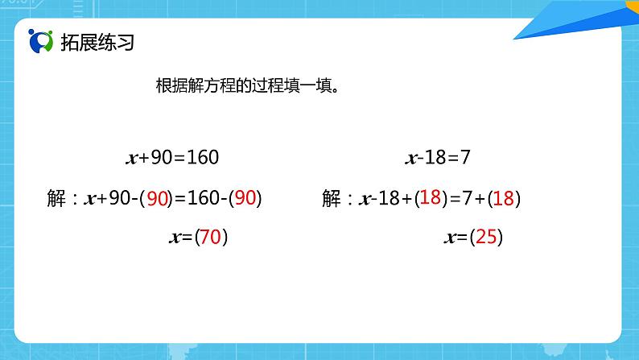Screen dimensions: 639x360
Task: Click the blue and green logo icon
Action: pyautogui.click(x=40, y=41)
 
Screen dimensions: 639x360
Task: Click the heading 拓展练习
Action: pyautogui.click(x=97, y=43)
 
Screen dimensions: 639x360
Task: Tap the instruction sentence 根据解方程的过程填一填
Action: pyautogui.click(x=245, y=85)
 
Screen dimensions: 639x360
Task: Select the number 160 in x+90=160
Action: pyautogui.click(x=203, y=157)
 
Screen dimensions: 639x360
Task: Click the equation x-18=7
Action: pyautogui.click(x=438, y=157)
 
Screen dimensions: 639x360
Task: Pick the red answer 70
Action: pyautogui.click(x=211, y=237)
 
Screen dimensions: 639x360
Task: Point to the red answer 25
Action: pyautogui.click(x=486, y=237)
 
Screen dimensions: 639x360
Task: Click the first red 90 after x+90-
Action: pyautogui.click(x=157, y=198)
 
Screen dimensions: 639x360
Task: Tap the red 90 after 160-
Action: pyautogui.click(x=245, y=198)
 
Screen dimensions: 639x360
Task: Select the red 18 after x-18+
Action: pyautogui.click(x=431, y=197)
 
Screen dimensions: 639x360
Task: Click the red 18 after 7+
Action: pyautogui.click(x=504, y=198)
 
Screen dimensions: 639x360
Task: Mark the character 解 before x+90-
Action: pyautogui.click(x=56, y=198)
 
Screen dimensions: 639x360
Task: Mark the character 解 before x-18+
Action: pyautogui.click(x=332, y=198)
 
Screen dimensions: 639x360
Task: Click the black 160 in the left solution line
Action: pyautogui.click(x=204, y=198)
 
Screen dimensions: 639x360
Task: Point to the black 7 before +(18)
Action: pyautogui.click(x=468, y=198)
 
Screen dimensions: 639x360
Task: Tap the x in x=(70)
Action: pyautogui.click(x=175, y=238)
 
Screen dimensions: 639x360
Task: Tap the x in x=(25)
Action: pyautogui.click(x=451, y=238)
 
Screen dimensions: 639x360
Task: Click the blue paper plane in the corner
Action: pyautogui.click(x=579, y=20)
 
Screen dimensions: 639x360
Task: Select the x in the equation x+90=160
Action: pyautogui.click(x=132, y=159)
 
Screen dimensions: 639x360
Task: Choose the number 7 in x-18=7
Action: pyautogui.click(x=465, y=157)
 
